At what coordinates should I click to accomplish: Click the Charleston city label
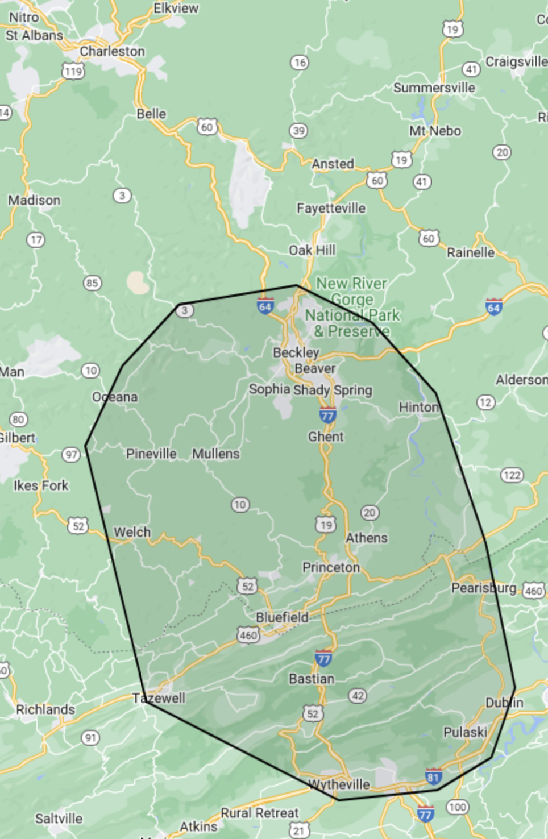112,51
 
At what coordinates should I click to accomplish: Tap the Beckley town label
296,352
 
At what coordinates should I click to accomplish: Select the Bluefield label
282,617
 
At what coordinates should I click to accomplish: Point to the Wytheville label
339,784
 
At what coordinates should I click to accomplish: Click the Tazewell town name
159,698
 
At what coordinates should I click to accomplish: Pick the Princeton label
331,567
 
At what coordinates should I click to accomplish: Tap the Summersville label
434,88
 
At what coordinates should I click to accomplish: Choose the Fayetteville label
331,208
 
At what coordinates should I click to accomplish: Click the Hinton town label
419,407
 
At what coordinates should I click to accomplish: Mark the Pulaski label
465,732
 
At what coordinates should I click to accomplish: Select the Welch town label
132,532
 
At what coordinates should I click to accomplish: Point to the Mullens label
215,454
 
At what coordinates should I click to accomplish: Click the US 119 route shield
73,71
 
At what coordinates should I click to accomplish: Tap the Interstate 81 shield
433,776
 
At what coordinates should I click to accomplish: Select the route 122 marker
512,475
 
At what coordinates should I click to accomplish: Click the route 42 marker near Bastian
358,696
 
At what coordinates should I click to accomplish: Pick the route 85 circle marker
92,283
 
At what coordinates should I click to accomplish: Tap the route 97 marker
71,455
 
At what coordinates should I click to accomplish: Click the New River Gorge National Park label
352,307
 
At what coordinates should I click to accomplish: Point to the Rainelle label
470,252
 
